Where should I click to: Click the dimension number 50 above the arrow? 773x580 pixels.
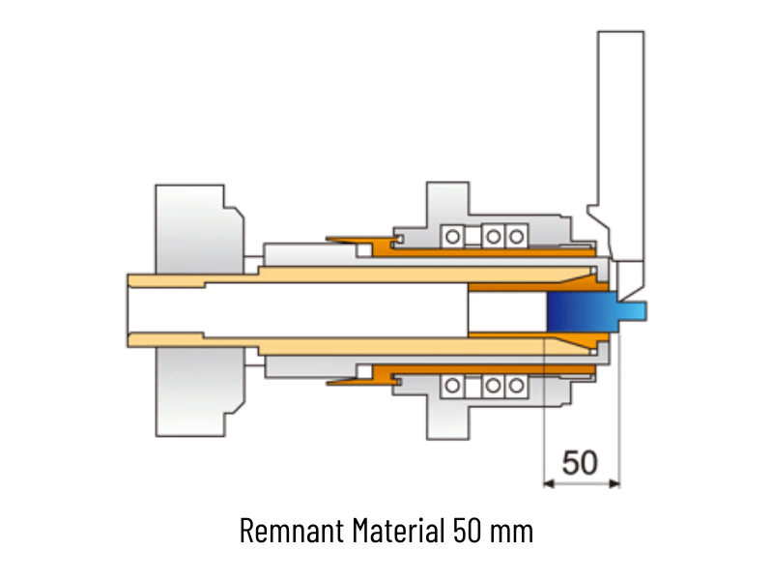tap(581, 463)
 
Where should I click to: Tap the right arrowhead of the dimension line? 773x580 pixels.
tap(615, 484)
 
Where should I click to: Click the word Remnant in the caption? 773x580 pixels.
tap(292, 531)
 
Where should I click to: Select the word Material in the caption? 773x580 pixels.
tap(398, 530)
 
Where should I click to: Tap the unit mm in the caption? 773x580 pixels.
tap(512, 533)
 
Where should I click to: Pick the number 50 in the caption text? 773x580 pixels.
tap(468, 531)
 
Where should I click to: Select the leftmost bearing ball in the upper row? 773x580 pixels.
tap(452, 237)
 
